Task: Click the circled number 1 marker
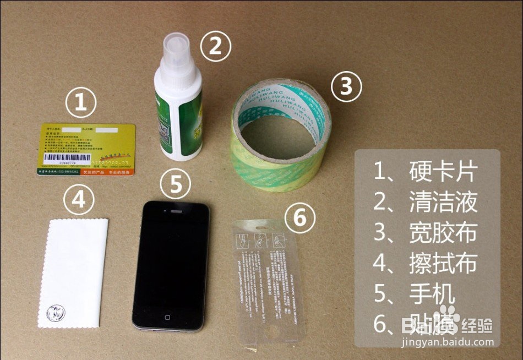click(81, 104)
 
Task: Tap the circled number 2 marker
click(215, 46)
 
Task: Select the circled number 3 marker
click(346, 86)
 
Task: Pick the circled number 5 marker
click(176, 184)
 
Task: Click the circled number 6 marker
click(299, 219)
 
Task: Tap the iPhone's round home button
click(168, 318)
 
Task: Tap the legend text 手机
click(432, 294)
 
